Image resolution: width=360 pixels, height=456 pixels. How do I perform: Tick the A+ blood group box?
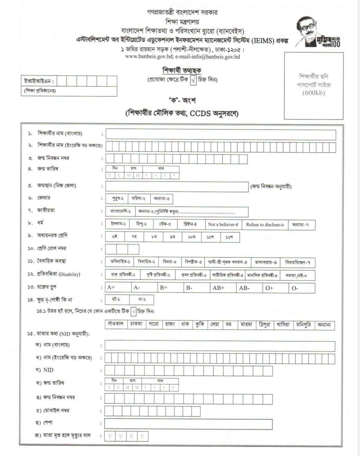pos(118,288)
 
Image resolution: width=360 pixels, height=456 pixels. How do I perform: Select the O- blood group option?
pos(301,288)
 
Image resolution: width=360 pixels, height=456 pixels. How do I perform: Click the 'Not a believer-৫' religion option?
pos(223,224)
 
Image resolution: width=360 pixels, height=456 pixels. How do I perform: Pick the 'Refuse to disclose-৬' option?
pos(264,224)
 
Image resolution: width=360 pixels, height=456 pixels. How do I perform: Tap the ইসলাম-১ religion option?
pos(118,224)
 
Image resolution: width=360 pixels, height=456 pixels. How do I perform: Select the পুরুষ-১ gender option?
pos(118,199)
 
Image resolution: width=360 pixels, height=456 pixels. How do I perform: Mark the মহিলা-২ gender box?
pos(138,199)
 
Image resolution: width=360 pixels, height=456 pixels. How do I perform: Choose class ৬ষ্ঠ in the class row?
pos(115,237)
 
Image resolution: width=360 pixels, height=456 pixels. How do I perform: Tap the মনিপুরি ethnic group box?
pos(303,325)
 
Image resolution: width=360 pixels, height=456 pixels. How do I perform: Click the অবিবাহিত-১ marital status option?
pos(120,262)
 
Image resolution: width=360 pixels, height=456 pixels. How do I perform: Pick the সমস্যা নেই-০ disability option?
pos(296,275)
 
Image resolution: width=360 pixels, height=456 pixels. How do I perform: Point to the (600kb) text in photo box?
pos(314,93)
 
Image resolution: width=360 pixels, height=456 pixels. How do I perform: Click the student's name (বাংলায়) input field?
pos(220,134)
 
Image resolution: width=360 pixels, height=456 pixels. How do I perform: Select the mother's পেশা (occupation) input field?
pos(188,424)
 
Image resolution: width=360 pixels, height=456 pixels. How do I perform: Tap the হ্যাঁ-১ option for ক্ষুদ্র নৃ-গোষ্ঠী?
pos(116,299)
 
